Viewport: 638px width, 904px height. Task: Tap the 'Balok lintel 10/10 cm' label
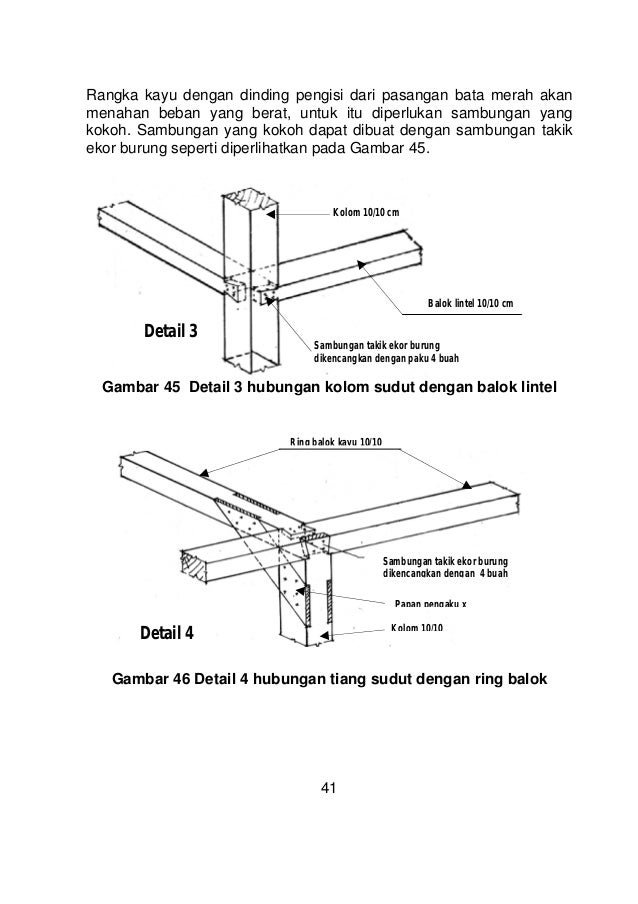[470, 303]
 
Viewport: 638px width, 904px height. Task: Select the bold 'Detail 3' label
[171, 331]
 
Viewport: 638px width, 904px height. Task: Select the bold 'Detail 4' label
[165, 632]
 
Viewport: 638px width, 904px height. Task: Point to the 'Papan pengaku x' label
[431, 602]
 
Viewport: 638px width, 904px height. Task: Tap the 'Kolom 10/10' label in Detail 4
[417, 627]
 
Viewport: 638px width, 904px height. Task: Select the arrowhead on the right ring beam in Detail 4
[465, 484]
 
